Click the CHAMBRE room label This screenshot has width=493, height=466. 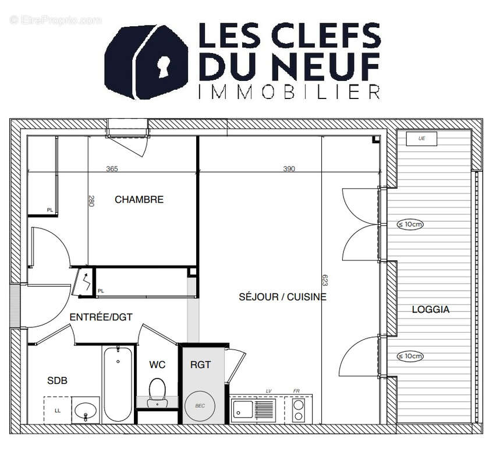point(139,200)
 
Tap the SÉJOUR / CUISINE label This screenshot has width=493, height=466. point(282,297)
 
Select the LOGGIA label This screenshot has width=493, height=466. point(431,309)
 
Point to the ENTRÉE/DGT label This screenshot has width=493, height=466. point(101,317)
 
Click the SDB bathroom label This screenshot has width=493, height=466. point(57,380)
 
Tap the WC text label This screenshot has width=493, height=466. point(157,365)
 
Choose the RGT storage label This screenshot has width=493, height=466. point(200,365)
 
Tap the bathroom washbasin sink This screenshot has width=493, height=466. point(86,409)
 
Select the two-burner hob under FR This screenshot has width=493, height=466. point(299,409)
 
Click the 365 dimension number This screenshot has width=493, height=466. point(112,169)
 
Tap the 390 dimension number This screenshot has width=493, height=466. point(289,169)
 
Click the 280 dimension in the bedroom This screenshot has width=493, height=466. point(91,201)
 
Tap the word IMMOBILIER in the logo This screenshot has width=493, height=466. point(289,92)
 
